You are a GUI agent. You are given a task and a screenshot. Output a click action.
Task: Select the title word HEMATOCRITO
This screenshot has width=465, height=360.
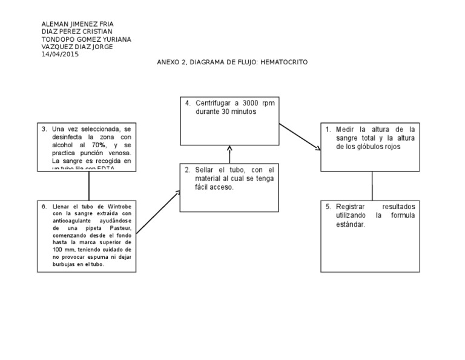tap(284, 62)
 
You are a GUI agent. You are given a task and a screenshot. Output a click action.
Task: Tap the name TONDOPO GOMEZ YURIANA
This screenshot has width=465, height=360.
tap(85, 39)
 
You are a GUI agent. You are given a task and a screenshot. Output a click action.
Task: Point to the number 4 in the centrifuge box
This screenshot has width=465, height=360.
tap(188, 103)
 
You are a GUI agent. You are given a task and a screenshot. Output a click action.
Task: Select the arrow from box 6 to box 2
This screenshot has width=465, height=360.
tap(159, 212)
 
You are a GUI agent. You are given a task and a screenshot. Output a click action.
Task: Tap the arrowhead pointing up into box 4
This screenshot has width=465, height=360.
tap(229, 148)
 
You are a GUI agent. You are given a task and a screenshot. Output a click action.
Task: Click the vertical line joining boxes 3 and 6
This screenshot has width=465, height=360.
tap(89, 185)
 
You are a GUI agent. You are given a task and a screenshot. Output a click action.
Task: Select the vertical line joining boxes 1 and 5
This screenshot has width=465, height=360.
tap(371, 185)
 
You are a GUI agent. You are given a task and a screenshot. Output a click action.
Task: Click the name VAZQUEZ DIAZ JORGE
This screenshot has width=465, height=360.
tap(76, 47)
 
